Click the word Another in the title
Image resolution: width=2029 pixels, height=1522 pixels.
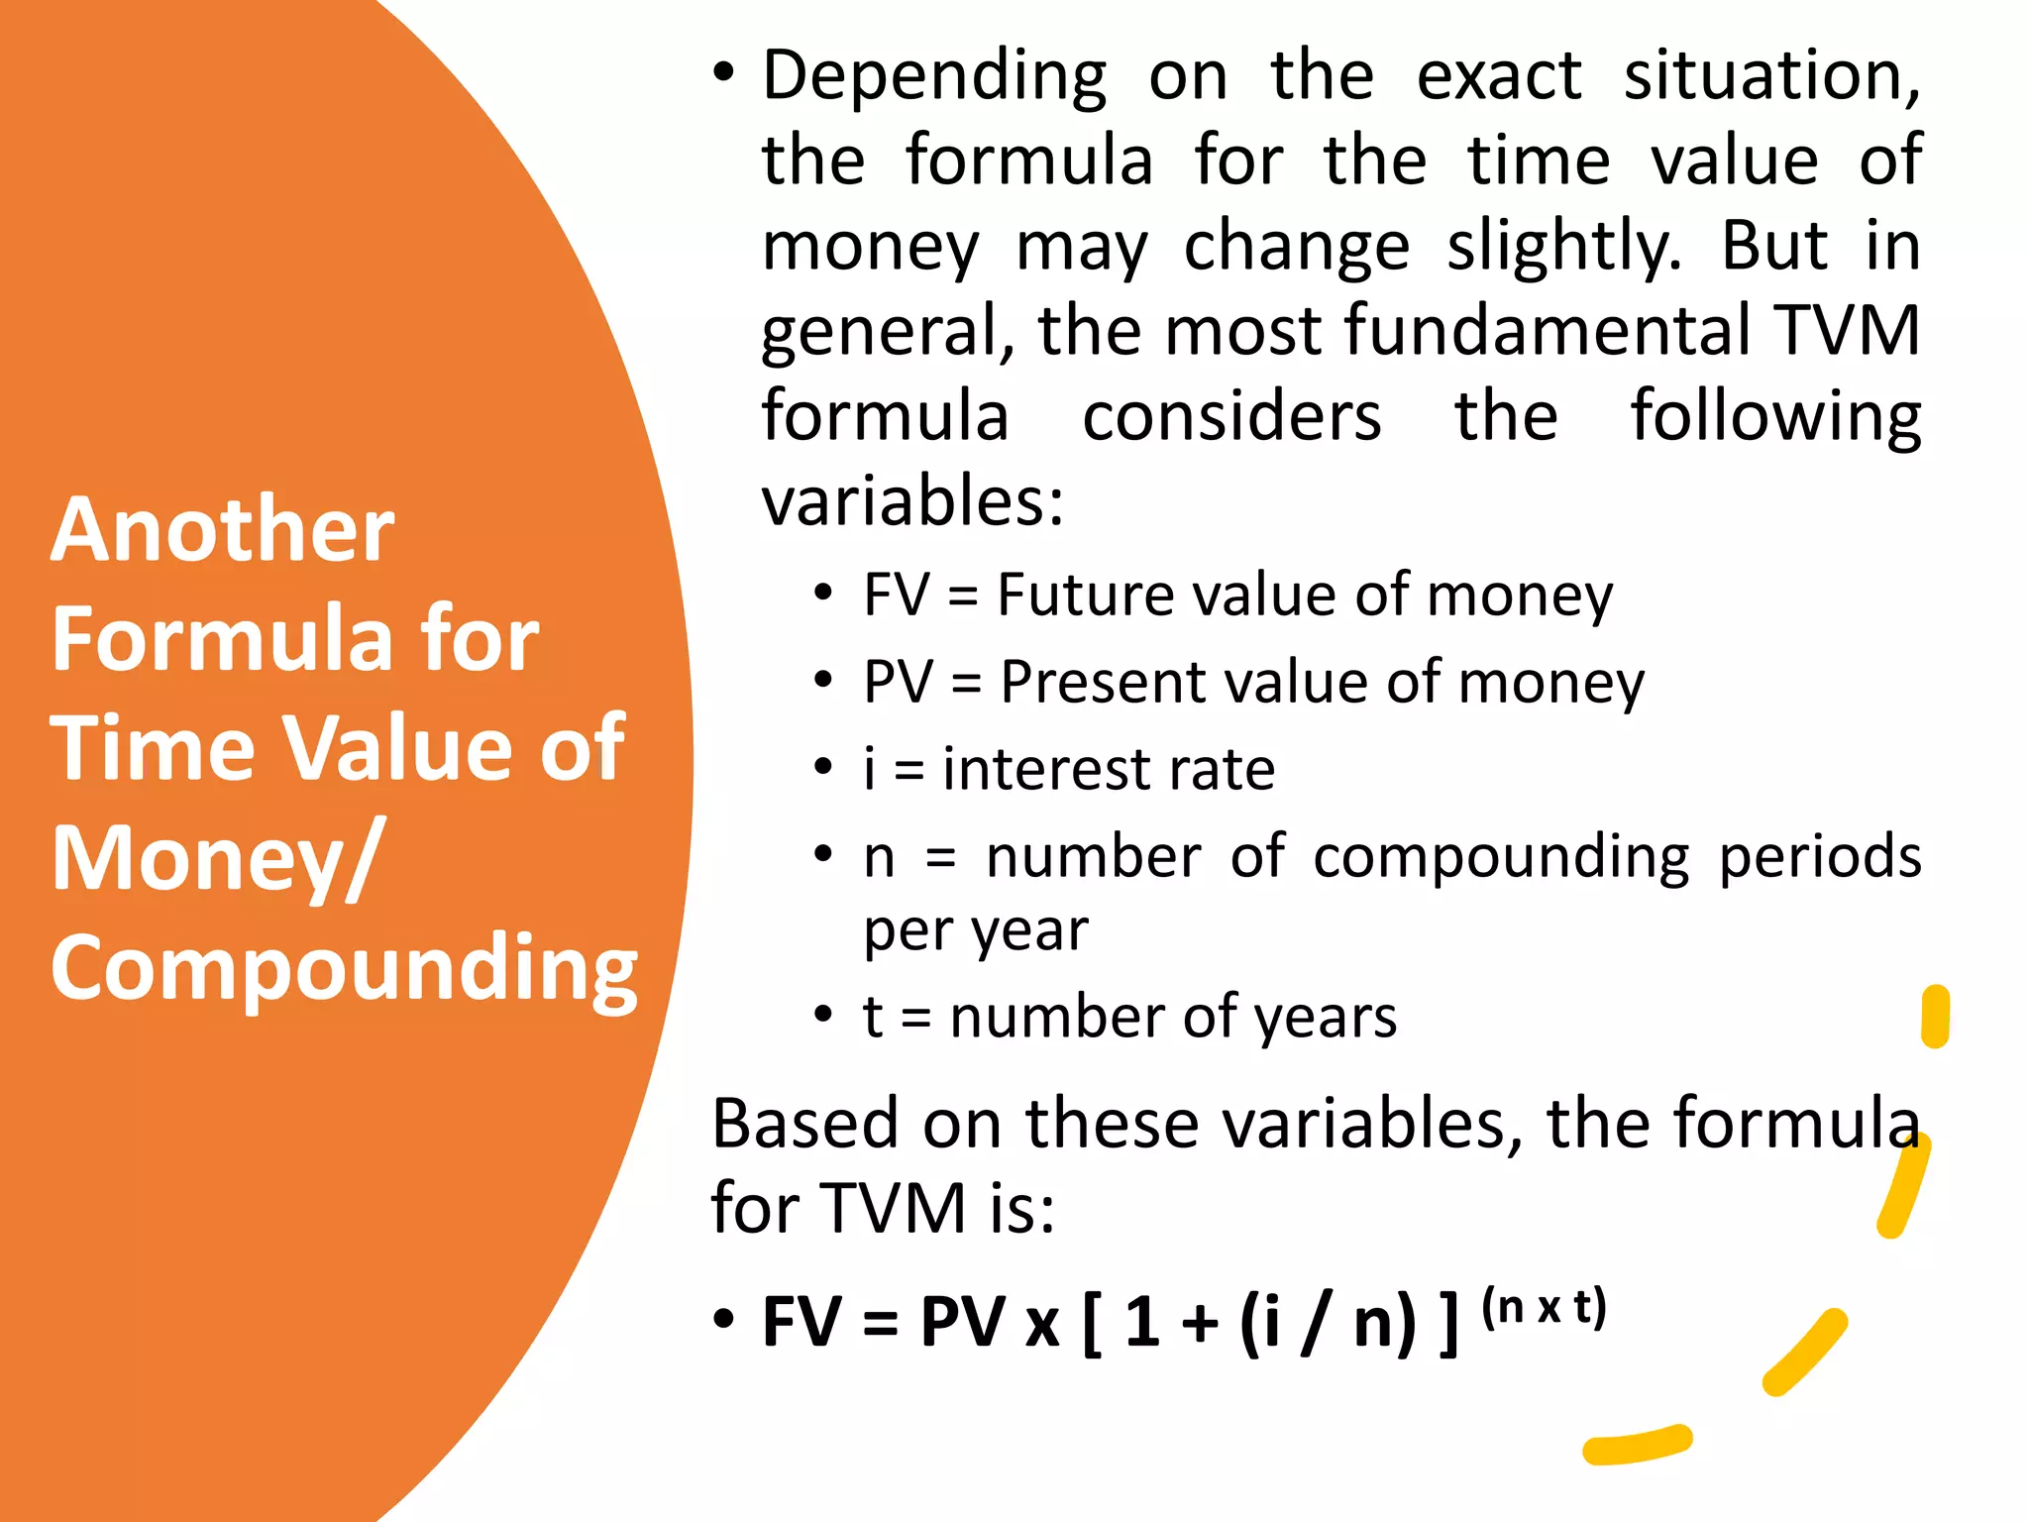(223, 530)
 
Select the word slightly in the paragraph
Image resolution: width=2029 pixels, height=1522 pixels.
(1563, 247)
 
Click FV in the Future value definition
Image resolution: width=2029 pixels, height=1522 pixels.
(897, 596)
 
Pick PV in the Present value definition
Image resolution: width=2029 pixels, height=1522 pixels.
(898, 683)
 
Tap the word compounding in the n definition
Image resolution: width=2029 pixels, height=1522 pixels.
(1501, 857)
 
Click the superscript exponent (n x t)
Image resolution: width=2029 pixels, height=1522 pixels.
(1544, 1307)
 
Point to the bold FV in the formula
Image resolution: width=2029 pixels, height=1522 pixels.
(801, 1323)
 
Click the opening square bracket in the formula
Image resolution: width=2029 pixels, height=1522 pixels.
(1093, 1324)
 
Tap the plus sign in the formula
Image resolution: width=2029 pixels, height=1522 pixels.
(1200, 1325)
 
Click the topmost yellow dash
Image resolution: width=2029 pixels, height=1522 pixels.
(1935, 1017)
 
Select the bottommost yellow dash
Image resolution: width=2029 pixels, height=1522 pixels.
(1638, 1444)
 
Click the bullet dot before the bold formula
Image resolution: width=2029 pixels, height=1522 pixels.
(724, 1320)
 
